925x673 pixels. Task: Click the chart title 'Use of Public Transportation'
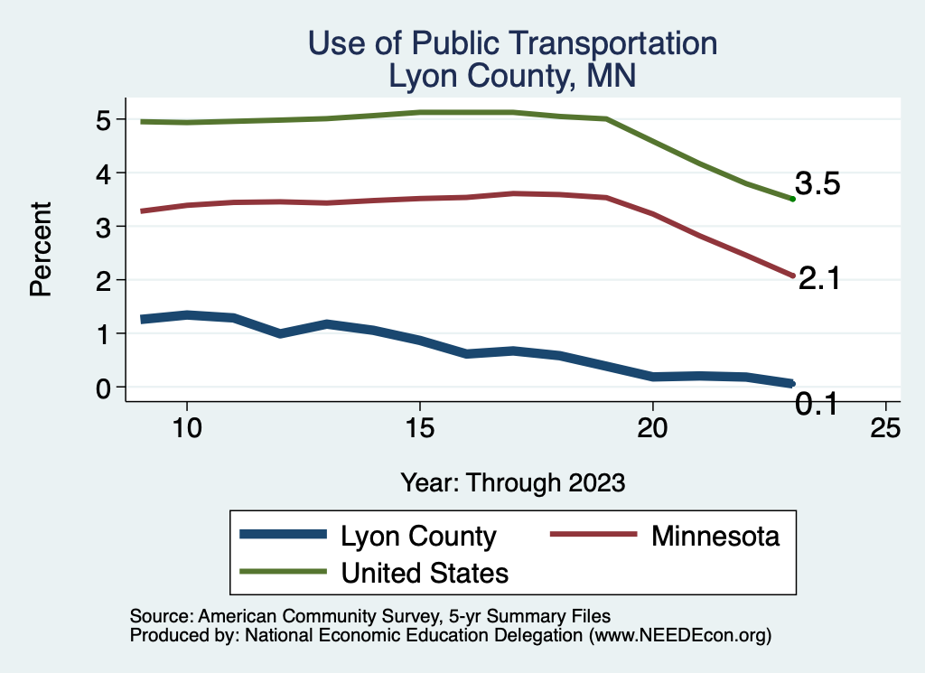pos(512,43)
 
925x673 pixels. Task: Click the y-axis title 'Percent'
pos(40,253)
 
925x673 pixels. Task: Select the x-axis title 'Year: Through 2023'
pos(512,482)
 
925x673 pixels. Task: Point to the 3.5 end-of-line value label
pos(818,184)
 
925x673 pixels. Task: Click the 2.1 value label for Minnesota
pos(819,279)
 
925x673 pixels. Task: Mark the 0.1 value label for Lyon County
pos(816,404)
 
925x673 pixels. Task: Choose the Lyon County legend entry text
pos(418,537)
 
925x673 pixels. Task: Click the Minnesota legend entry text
pos(715,536)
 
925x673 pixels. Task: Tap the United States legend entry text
pos(425,573)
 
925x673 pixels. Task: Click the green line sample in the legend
pos(283,572)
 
